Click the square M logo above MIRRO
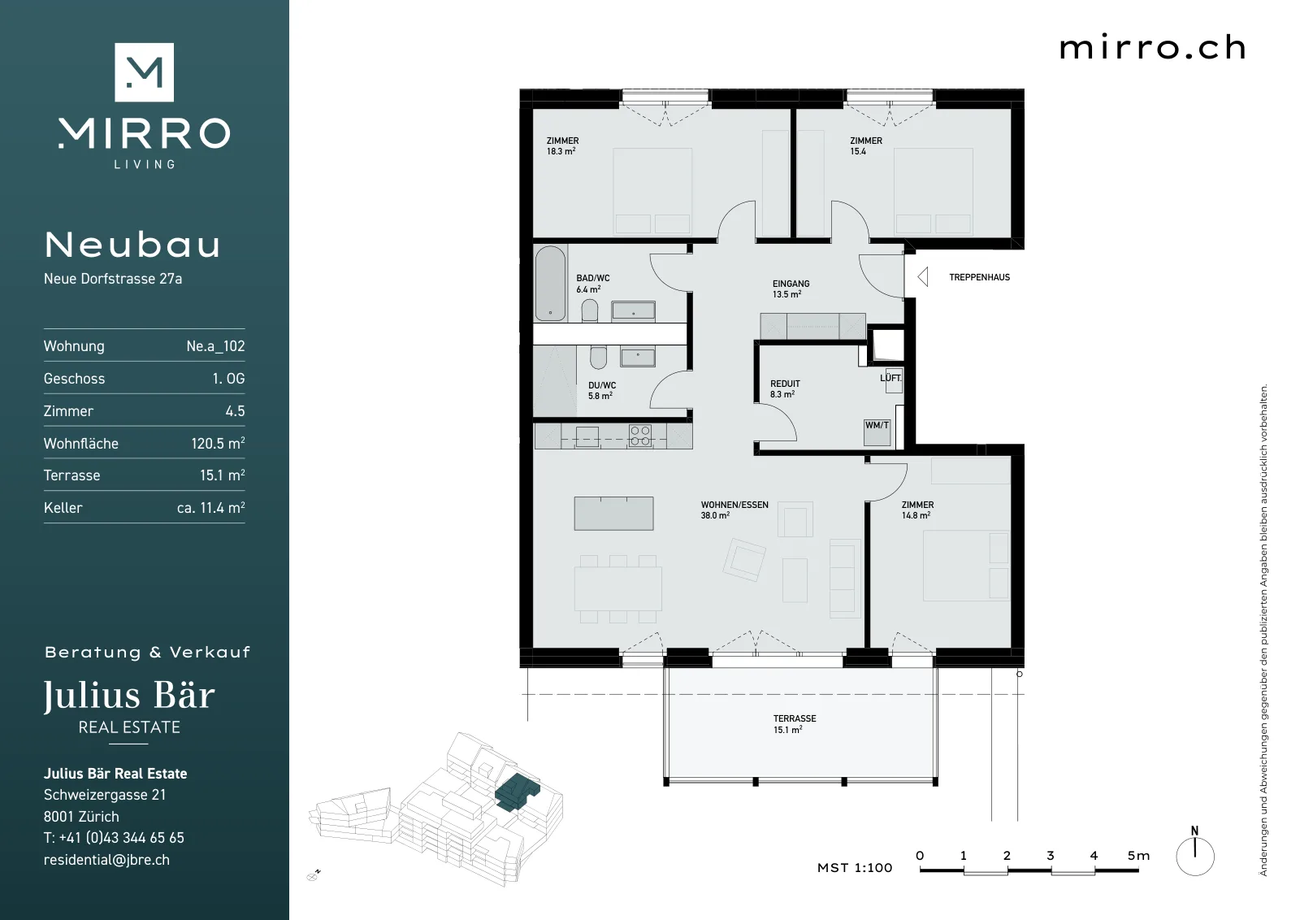point(144,72)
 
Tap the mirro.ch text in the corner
point(1152,48)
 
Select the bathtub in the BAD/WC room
point(550,284)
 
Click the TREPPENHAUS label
point(979,277)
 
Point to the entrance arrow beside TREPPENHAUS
point(923,277)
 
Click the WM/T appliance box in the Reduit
point(877,432)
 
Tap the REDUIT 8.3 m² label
point(785,389)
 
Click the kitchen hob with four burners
point(640,436)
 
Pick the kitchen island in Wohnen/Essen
point(613,513)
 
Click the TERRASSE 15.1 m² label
point(794,724)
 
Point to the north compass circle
point(1195,857)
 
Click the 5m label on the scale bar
point(1138,856)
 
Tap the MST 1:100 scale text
point(854,868)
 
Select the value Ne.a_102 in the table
point(215,346)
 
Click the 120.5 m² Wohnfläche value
point(218,443)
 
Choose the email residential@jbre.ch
point(106,860)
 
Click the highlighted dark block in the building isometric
point(517,792)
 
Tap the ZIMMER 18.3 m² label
point(561,145)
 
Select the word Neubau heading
point(133,245)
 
